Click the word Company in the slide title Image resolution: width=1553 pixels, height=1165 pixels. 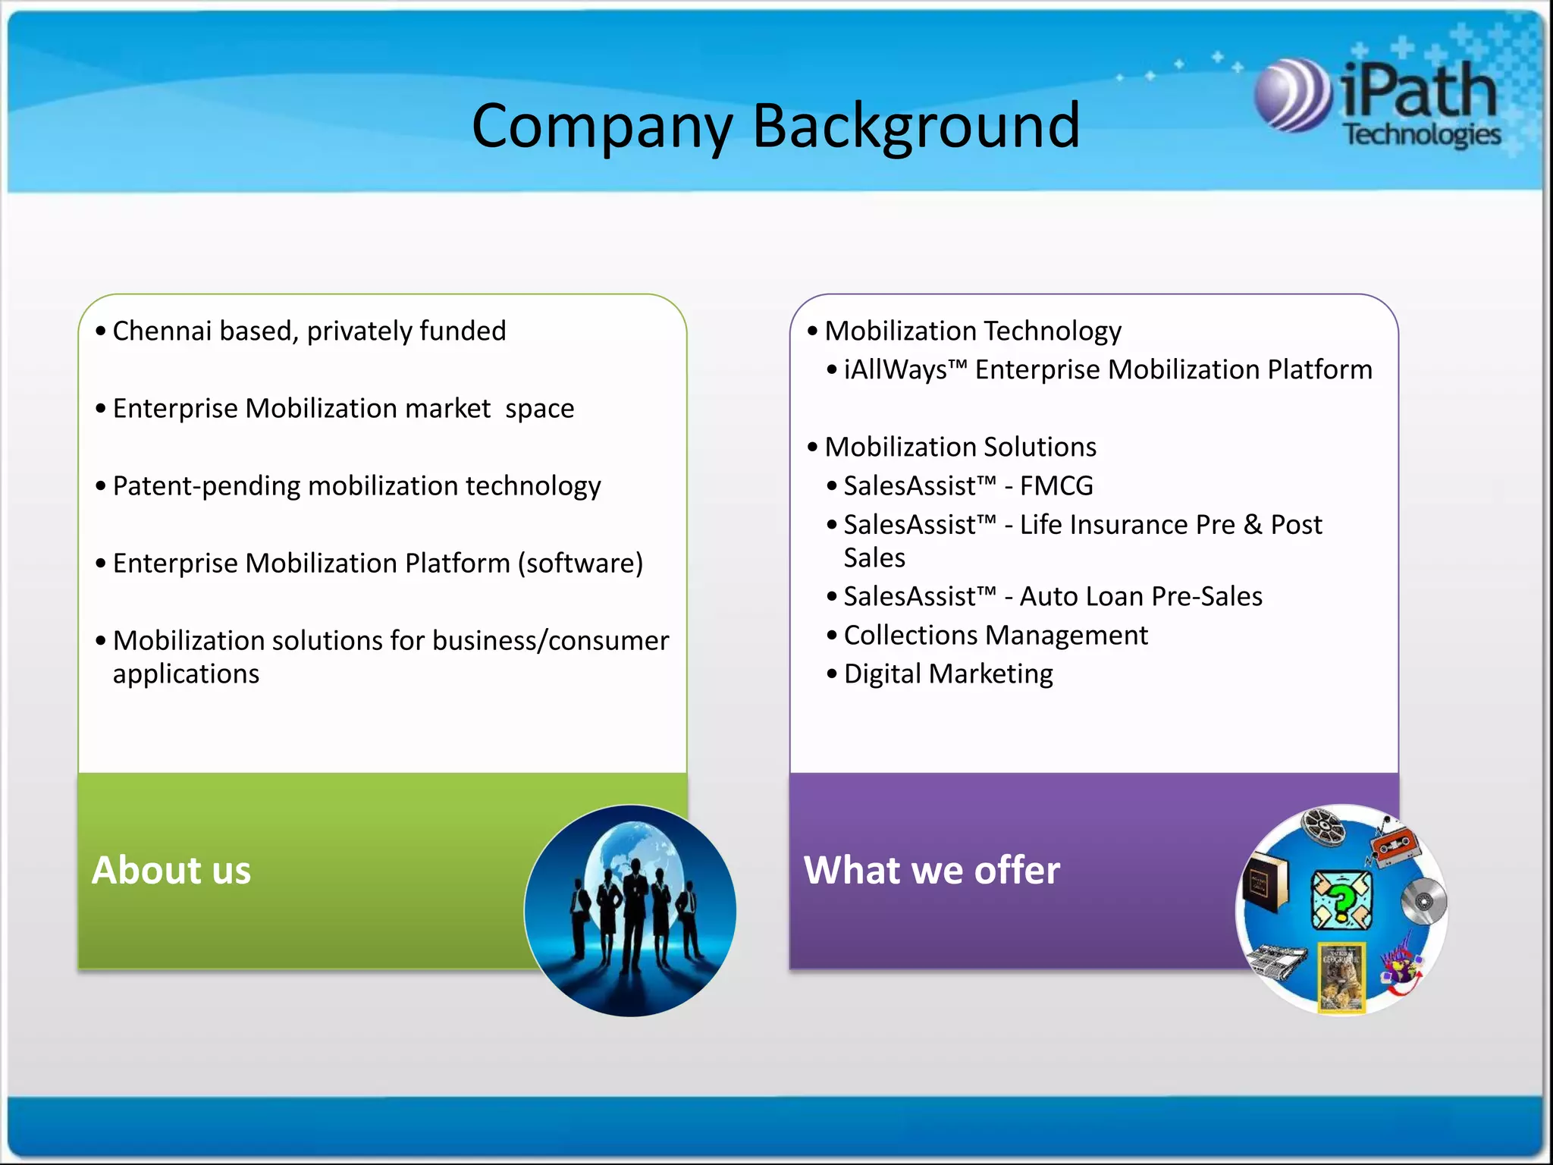[x=602, y=127]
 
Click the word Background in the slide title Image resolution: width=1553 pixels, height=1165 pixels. [x=915, y=127]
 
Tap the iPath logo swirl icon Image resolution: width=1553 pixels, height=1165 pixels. [x=1292, y=96]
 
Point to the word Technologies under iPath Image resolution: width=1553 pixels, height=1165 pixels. [x=1422, y=135]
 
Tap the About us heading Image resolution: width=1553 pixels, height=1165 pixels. [x=171, y=870]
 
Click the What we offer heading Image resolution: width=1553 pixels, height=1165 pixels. [x=932, y=870]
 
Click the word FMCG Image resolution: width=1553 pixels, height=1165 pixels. [x=1056, y=486]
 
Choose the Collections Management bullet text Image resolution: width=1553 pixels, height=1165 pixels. [x=996, y=636]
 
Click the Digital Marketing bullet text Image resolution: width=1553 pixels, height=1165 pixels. [x=948, y=674]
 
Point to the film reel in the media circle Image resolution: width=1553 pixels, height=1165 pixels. [x=1323, y=826]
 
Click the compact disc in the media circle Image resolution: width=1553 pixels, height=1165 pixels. [x=1423, y=902]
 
